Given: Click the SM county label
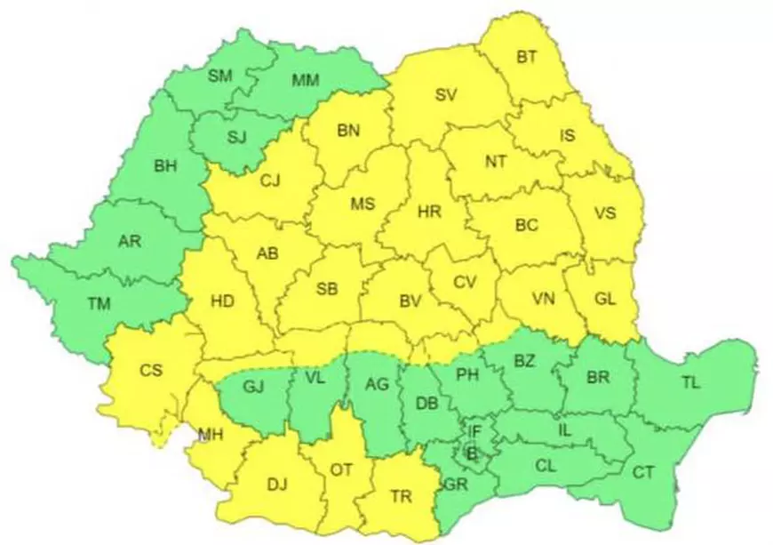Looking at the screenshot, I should tap(219, 76).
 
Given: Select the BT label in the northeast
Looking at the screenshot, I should tap(527, 58).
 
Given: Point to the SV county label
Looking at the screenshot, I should tap(446, 96).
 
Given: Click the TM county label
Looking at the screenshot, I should tap(99, 304).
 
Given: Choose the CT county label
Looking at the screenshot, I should tap(643, 472).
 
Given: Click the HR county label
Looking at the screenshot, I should tap(429, 213).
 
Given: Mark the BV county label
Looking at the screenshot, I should tap(409, 301).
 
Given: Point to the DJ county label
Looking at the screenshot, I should tap(277, 485).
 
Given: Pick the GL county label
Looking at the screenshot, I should tap(604, 300).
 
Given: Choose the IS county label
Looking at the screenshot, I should tap(568, 136).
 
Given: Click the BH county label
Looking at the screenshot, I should tap(165, 165).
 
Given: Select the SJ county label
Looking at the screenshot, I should tap(236, 136).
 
